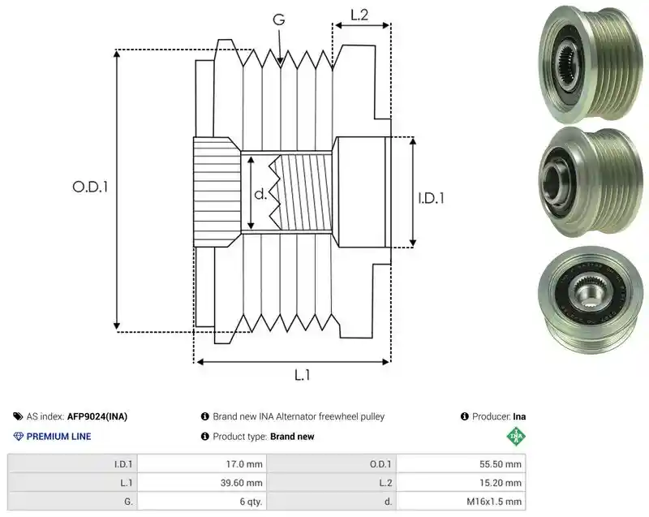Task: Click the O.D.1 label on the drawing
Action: [x=90, y=187]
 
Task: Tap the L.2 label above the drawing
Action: [x=359, y=15]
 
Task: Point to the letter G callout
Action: [x=279, y=19]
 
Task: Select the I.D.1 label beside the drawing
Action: [x=431, y=198]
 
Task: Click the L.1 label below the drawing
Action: [x=302, y=375]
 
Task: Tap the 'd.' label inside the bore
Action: [x=260, y=194]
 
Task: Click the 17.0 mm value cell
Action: [x=202, y=464]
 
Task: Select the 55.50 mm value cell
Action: [x=461, y=464]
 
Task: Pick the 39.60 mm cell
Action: [x=202, y=483]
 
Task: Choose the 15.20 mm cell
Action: [x=461, y=483]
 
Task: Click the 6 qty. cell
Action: [x=202, y=502]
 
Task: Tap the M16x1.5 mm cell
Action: [x=461, y=502]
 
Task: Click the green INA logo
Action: [x=516, y=437]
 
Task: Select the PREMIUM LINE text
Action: [x=58, y=437]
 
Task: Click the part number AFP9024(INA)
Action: [x=97, y=416]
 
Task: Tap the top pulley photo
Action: [x=591, y=64]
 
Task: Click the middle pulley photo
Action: [x=591, y=182]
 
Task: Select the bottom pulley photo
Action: [x=591, y=300]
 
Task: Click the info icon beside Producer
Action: [x=464, y=416]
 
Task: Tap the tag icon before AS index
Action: [x=18, y=416]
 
